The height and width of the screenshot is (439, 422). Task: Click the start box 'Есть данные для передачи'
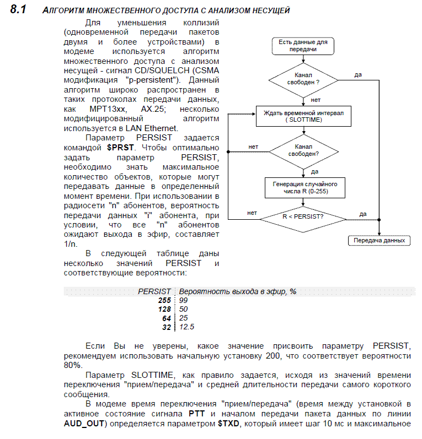303,45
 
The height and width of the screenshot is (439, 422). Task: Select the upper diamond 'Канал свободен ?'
303,78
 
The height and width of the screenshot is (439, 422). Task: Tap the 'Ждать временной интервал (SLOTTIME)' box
303,116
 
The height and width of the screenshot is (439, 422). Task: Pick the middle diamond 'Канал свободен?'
303,150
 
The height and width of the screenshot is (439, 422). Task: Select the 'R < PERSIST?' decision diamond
303,216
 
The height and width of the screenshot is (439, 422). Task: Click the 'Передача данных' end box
379,240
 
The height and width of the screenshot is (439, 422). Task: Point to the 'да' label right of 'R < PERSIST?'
362,213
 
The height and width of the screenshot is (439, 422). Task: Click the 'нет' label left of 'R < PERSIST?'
252,213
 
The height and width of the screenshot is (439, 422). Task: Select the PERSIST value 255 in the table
164,300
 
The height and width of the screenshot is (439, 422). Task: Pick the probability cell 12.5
187,327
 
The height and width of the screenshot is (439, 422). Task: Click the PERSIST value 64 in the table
167,318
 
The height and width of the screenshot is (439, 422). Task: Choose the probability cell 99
183,300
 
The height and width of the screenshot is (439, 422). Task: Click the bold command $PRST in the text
121,148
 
